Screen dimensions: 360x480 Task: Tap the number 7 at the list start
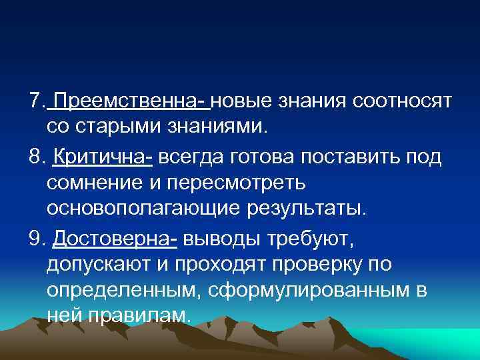point(35,101)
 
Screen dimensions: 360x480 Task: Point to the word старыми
point(117,126)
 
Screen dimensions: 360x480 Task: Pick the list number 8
point(35,157)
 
